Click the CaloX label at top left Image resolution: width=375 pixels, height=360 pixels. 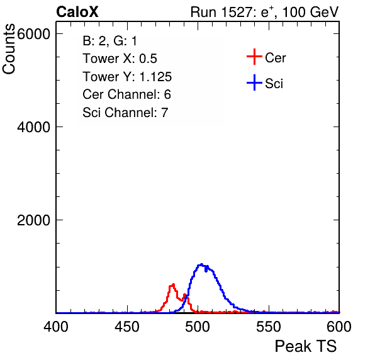point(77,12)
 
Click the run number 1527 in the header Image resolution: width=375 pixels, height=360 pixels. point(236,12)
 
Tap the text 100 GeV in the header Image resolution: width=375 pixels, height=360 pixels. point(310,12)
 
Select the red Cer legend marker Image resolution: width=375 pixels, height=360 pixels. point(254,57)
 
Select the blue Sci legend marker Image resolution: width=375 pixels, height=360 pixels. point(254,83)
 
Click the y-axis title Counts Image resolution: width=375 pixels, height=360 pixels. point(9,49)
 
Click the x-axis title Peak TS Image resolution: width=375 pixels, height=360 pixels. point(306,346)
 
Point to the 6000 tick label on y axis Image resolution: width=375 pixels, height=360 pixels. point(33,34)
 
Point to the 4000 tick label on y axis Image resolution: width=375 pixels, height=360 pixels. point(33,127)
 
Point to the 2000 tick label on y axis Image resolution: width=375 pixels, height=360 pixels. point(33,220)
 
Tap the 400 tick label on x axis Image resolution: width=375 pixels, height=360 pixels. point(56,327)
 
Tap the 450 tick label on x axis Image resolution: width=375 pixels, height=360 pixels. point(127,327)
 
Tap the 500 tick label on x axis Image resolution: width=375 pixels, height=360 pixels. point(198,327)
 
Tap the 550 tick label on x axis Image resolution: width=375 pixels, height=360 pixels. point(268,327)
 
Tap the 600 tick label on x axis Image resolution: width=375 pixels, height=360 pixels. point(339,327)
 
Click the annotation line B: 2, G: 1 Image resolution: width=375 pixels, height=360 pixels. point(109,41)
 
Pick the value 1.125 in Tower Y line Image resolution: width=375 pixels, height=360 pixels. point(155,77)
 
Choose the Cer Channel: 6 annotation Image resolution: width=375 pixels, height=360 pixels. point(126,94)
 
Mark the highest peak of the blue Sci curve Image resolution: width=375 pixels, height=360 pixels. point(201,264)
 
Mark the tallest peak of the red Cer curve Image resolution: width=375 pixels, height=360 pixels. point(172,284)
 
